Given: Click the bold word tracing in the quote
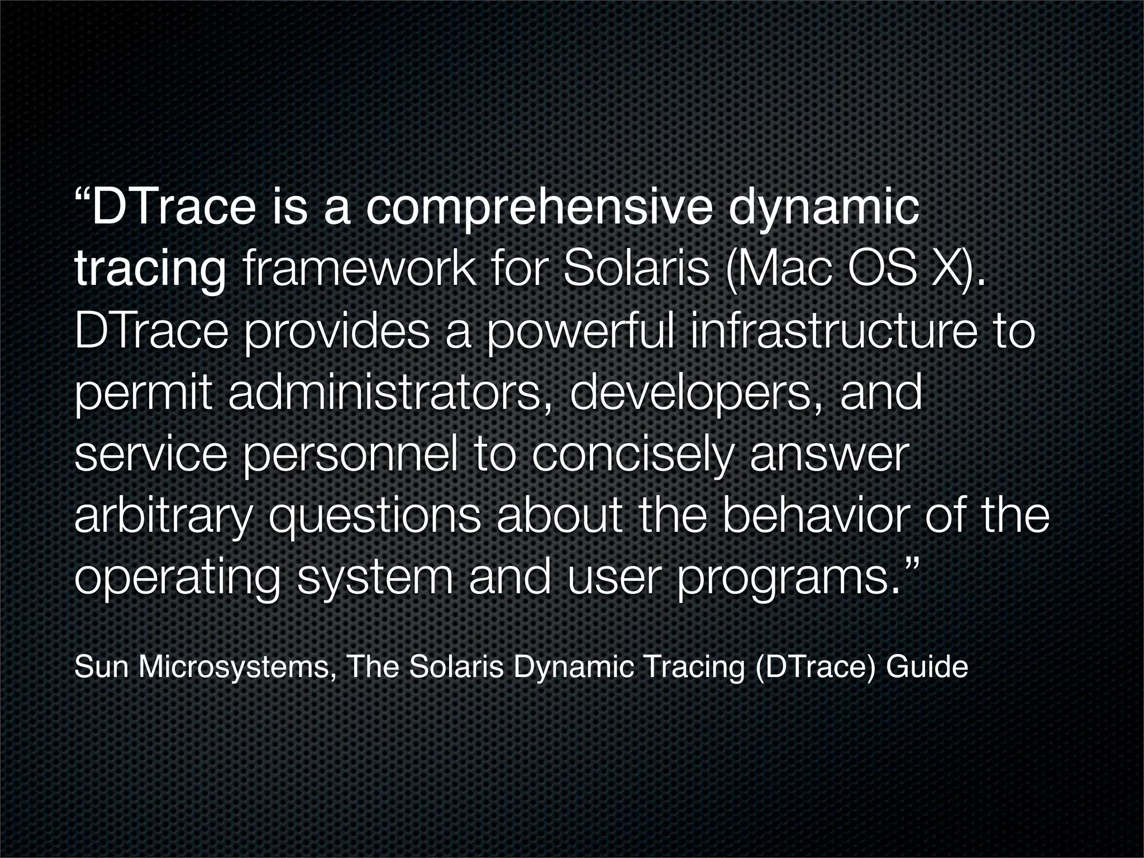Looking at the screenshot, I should tap(150, 272).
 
